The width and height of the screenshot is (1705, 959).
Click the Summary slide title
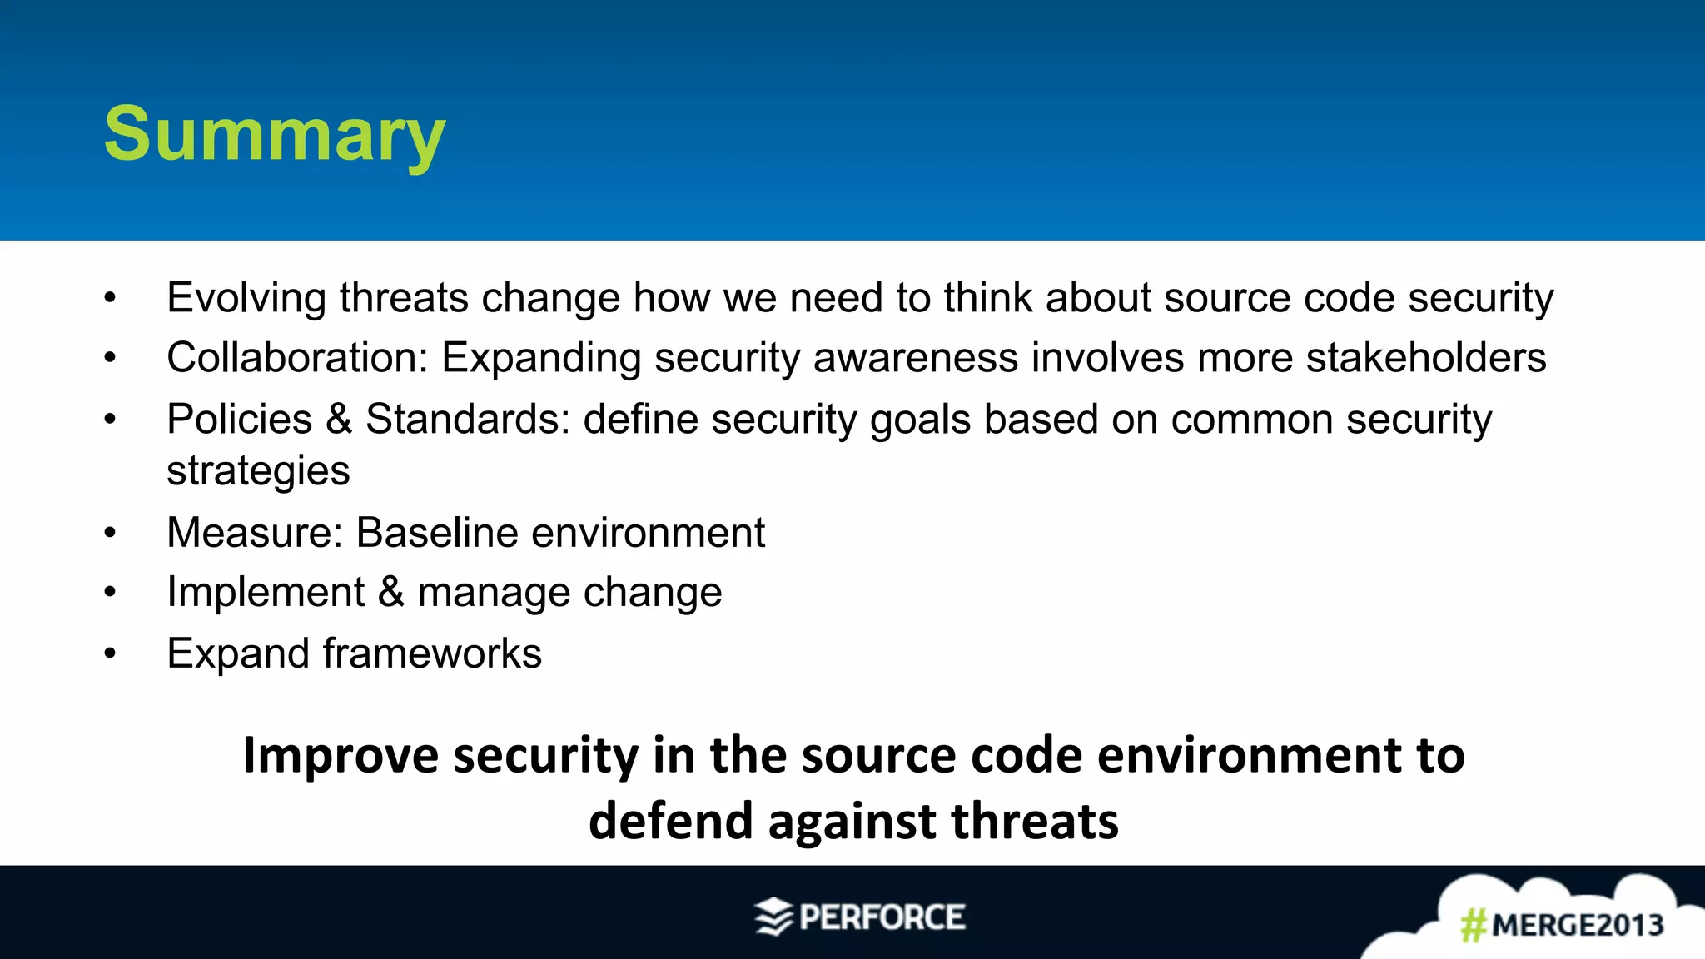[275, 135]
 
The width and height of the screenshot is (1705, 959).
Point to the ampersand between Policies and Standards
[339, 419]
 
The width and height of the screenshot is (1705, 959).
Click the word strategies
[258, 471]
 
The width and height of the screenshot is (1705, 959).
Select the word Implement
[266, 593]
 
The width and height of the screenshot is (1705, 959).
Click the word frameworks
[432, 653]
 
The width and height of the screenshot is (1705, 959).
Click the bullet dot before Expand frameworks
[110, 654]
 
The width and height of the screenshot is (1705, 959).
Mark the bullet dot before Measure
[110, 534]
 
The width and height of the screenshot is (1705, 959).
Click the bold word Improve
[340, 756]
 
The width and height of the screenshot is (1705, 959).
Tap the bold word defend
[670, 822]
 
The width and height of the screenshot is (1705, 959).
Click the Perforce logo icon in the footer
[773, 917]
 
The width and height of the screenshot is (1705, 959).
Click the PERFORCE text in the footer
[882, 917]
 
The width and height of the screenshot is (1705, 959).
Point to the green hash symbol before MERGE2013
[1474, 925]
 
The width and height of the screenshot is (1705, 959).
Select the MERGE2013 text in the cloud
[1578, 925]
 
